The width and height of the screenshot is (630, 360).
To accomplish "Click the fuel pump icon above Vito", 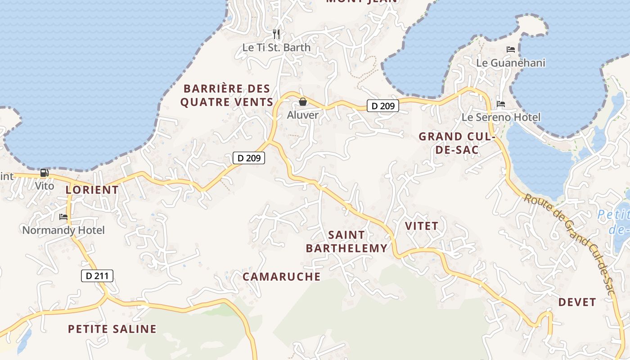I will click(44, 172).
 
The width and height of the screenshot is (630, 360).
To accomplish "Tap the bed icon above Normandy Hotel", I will click(63, 217).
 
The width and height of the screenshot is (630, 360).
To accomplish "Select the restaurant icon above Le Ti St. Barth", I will click(276, 34).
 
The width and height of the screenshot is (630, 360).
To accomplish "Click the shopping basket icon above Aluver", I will click(303, 102).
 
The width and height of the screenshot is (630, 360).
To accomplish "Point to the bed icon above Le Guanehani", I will click(511, 49).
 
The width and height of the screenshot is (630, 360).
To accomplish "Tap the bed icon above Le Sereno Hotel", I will click(501, 104).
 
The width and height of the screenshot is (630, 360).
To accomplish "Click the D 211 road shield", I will click(97, 276).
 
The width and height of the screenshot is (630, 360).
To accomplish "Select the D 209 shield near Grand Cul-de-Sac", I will click(383, 106).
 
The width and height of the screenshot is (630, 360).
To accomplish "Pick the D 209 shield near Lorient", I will click(249, 158).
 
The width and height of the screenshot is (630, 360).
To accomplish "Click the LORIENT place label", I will click(92, 190).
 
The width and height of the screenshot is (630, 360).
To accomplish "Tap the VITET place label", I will click(422, 226).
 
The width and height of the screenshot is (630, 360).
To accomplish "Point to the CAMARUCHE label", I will click(282, 277).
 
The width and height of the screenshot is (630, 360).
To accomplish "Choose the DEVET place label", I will click(577, 302).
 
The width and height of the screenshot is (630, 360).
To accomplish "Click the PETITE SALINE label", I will click(112, 329).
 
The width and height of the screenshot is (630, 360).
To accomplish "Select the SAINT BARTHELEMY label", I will click(346, 242).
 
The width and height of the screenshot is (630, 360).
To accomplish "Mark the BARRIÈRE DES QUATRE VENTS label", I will click(227, 95).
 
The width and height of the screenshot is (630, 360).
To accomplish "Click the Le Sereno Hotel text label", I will click(501, 117).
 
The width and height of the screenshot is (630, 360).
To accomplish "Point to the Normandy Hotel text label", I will click(63, 230).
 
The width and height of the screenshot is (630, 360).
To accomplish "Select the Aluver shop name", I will click(303, 115).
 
